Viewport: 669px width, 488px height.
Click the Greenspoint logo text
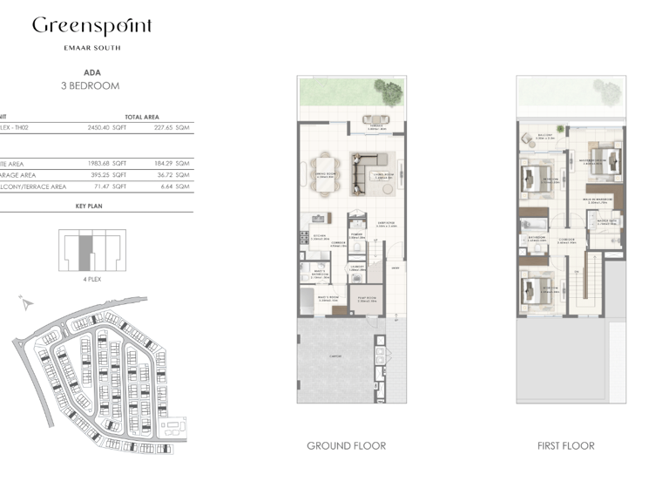[x=91, y=26]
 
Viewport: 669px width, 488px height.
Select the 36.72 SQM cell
[x=172, y=174]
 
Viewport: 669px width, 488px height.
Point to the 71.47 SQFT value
[x=111, y=186]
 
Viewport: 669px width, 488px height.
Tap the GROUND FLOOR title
[x=346, y=446]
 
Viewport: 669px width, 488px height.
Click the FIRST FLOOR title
[x=566, y=446]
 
